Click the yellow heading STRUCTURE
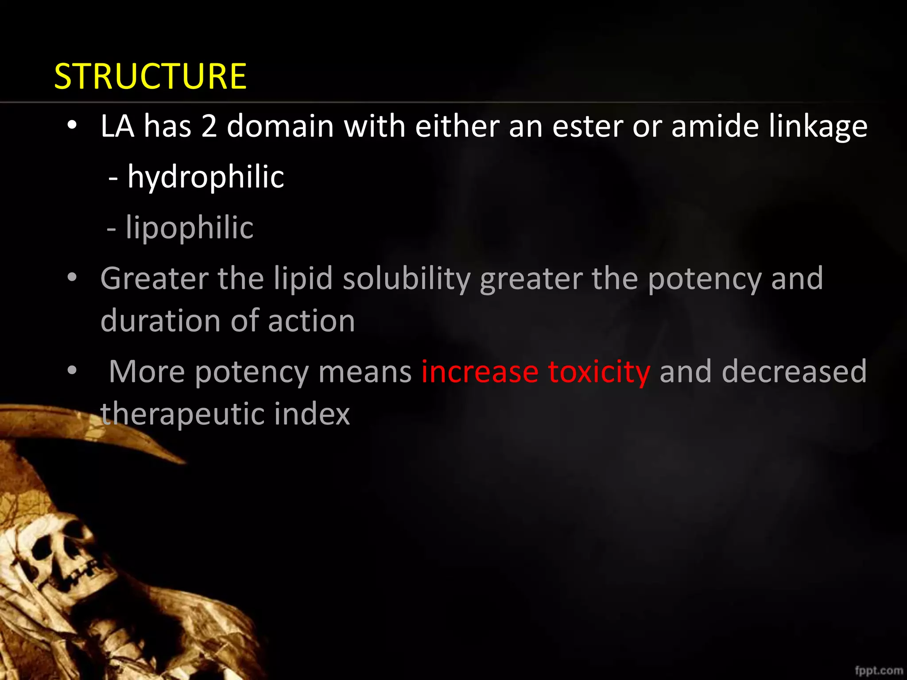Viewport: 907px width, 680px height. [150, 76]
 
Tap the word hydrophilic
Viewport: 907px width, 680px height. [205, 177]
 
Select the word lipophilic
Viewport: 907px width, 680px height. [190, 228]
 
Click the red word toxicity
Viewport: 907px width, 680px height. [599, 372]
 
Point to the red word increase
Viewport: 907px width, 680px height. [480, 372]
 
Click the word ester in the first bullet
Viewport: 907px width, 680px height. [588, 127]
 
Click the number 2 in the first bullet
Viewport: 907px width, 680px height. [209, 127]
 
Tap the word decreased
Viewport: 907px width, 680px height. [794, 372]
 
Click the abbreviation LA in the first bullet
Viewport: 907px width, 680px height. [117, 127]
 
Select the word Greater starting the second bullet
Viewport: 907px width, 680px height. [154, 279]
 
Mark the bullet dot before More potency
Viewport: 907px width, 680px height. [72, 370]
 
